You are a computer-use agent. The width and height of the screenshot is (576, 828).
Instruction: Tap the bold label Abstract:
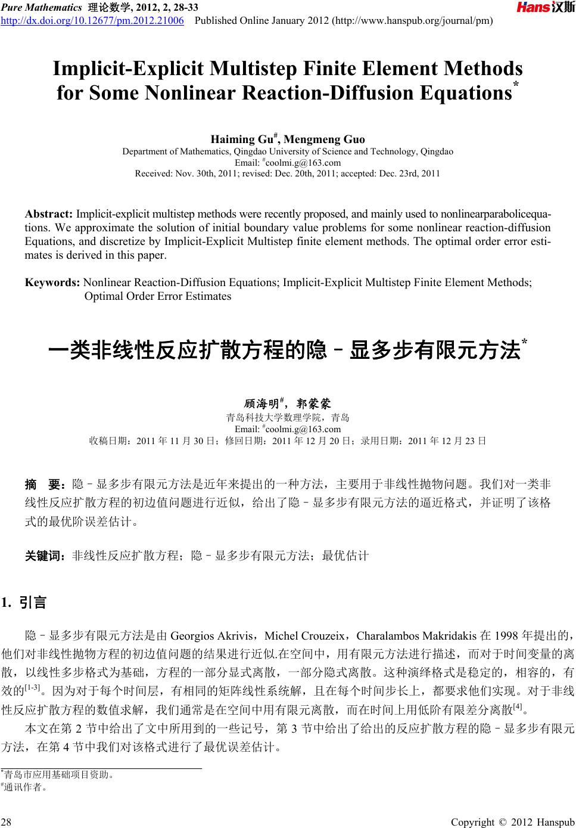click(x=49, y=214)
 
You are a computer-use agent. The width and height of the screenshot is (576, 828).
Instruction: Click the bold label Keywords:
click(x=53, y=283)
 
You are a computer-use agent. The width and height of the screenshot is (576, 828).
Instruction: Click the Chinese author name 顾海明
click(x=261, y=404)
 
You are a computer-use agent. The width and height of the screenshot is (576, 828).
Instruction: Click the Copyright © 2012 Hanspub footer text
click(x=512, y=823)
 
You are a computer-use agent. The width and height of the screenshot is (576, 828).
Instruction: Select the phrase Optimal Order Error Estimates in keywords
click(x=158, y=296)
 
